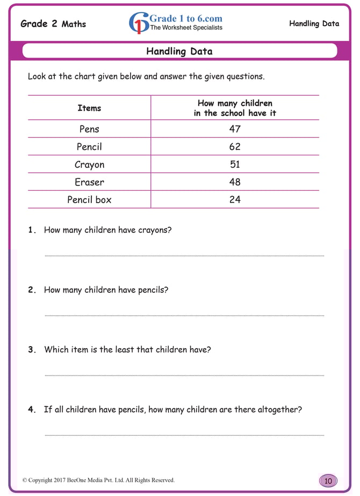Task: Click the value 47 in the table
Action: click(x=234, y=129)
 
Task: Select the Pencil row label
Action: click(x=89, y=147)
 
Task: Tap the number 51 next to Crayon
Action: click(x=234, y=164)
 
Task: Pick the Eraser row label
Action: click(x=89, y=182)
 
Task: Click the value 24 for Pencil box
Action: click(x=234, y=200)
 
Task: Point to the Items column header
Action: click(x=89, y=108)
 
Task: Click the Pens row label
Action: click(x=89, y=129)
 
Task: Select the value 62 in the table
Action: click(x=234, y=147)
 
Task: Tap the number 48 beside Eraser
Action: click(x=234, y=182)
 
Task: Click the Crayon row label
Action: click(x=89, y=164)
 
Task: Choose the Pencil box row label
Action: click(x=89, y=200)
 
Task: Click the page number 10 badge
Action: click(x=328, y=480)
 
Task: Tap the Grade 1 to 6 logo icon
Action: click(x=139, y=23)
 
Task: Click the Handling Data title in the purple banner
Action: click(x=179, y=52)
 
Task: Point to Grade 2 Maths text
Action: click(x=53, y=24)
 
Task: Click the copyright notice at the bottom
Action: click(x=98, y=480)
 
